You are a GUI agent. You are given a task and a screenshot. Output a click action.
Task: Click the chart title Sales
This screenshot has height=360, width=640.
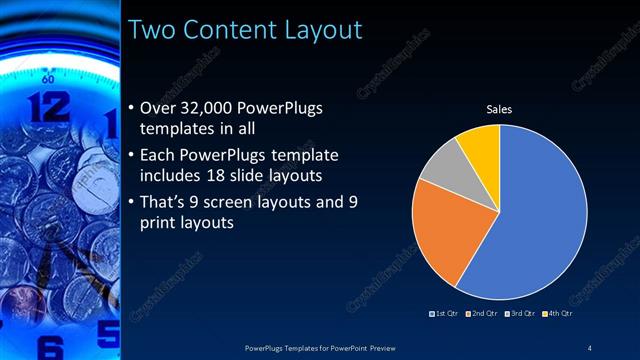click(x=499, y=109)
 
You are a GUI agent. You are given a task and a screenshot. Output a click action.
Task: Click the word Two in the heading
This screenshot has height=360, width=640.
click(x=152, y=30)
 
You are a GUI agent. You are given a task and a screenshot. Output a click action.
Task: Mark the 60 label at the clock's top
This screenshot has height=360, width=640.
click(x=47, y=76)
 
